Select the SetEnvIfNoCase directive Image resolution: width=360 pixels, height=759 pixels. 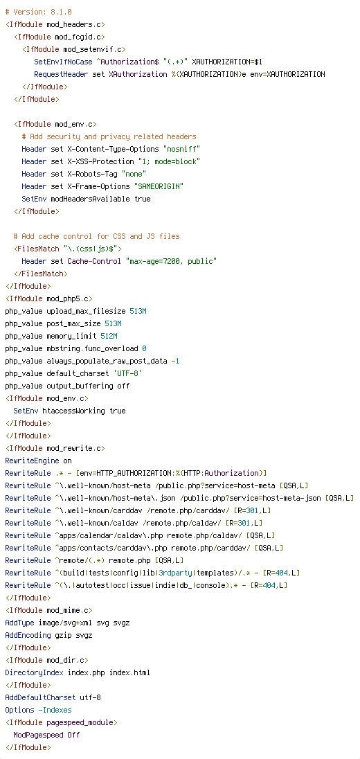tap(62, 62)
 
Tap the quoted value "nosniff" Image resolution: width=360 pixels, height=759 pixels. tap(181, 149)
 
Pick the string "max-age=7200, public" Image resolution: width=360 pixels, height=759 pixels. tap(171, 261)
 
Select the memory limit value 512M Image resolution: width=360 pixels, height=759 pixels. tap(109, 336)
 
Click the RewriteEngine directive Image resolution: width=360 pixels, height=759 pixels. tap(32, 461)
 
